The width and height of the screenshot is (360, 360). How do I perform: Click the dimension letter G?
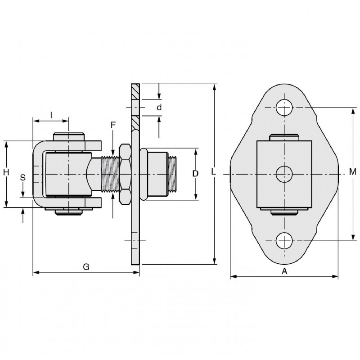(86, 267)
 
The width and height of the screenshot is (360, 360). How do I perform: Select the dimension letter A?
(284, 271)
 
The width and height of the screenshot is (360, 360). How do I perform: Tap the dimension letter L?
(213, 171)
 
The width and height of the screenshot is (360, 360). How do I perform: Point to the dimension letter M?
(353, 171)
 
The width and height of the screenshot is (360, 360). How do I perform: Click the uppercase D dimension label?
(195, 174)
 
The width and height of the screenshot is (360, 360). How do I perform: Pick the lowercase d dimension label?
(159, 107)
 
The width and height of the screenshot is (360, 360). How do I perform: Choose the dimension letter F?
(113, 125)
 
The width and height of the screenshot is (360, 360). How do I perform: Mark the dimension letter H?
(6, 172)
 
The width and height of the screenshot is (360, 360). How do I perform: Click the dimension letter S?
(23, 177)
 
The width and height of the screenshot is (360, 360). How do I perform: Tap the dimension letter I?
(51, 115)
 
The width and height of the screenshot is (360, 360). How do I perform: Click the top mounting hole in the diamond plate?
(284, 108)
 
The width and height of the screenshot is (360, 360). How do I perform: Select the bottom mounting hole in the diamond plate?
(284, 241)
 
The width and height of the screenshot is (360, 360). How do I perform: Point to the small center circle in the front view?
(284, 174)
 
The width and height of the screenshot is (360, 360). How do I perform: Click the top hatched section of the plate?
(135, 92)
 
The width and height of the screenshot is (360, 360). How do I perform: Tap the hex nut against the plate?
(125, 174)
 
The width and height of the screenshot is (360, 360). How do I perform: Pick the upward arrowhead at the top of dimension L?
(214, 87)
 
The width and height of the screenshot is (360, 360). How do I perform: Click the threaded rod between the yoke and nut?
(110, 174)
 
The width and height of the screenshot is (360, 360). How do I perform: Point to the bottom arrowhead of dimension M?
(353, 238)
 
